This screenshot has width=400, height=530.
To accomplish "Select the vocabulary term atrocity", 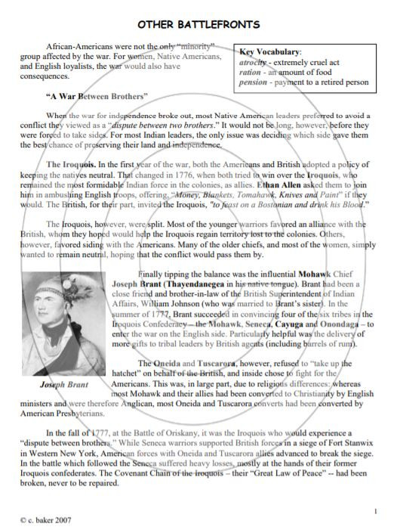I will click(x=254, y=60).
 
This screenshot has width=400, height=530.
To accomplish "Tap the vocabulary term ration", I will click(x=249, y=71).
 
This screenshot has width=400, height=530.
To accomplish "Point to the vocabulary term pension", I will click(x=252, y=82).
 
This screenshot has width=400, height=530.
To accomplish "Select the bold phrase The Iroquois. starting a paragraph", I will click(x=71, y=163).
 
